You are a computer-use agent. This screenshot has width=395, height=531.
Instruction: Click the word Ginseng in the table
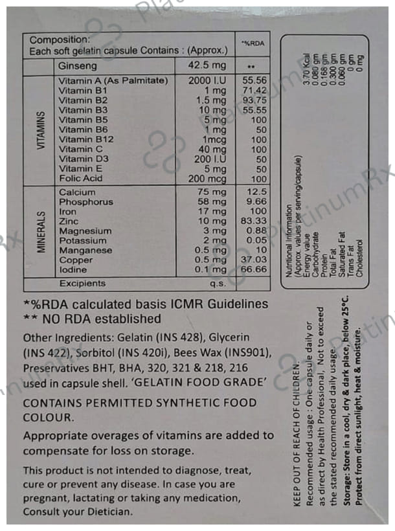point(78,66)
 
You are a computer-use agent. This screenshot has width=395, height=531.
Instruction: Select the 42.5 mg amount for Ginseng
point(207,66)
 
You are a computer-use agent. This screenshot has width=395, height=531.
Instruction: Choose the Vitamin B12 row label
point(86,139)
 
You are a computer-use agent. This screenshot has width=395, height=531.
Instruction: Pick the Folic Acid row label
point(80,178)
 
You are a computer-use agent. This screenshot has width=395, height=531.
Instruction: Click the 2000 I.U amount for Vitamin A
point(206,81)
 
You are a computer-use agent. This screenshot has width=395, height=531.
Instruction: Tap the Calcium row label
point(77,192)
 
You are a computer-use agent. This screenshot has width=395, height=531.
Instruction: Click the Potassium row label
point(83,240)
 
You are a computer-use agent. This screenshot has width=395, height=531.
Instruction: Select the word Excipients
point(82,284)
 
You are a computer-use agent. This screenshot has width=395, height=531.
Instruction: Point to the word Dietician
point(106,512)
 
